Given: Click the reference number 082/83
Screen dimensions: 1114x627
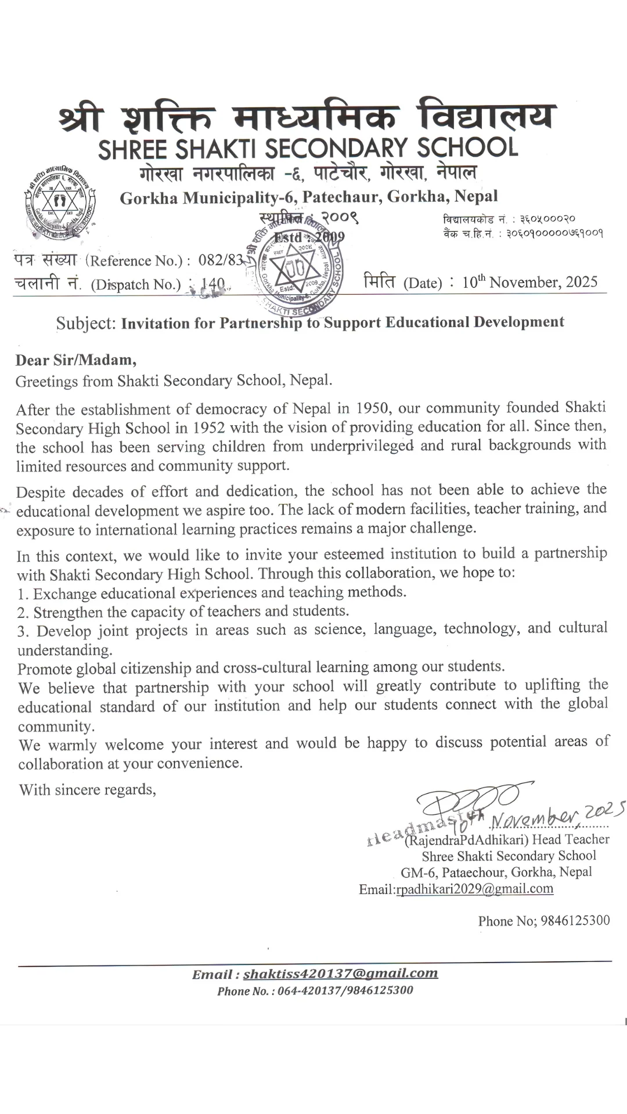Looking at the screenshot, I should pos(221,260).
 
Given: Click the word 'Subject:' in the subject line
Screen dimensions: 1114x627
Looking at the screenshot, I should pos(86,323).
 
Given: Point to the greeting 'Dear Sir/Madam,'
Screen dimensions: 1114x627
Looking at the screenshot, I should pos(76,360).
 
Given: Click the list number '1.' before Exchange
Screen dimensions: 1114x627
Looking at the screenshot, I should pos(23,594).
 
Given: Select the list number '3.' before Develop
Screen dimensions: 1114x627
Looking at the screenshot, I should pos(23,631).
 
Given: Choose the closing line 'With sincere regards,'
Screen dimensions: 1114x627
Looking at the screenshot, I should pos(88,790).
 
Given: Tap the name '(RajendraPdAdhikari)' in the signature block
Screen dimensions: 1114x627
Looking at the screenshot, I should pos(466,840).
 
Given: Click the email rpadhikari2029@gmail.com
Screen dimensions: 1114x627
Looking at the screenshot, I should pos(474,889).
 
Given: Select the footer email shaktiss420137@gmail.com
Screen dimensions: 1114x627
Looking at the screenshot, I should pos(340,973).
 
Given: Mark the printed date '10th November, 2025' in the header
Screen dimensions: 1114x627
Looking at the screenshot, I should pos(529,282).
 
